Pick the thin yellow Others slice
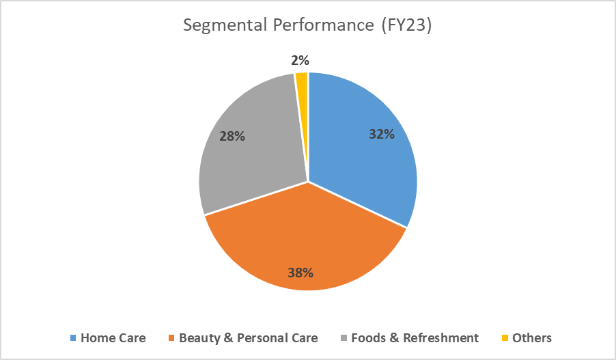click(302, 82)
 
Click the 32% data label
click(382, 135)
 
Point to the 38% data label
click(300, 273)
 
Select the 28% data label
click(232, 136)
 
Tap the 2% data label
click(298, 60)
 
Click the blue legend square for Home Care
click(72, 338)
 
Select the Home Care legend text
click(113, 338)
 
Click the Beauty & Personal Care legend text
click(248, 338)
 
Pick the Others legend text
click(532, 338)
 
